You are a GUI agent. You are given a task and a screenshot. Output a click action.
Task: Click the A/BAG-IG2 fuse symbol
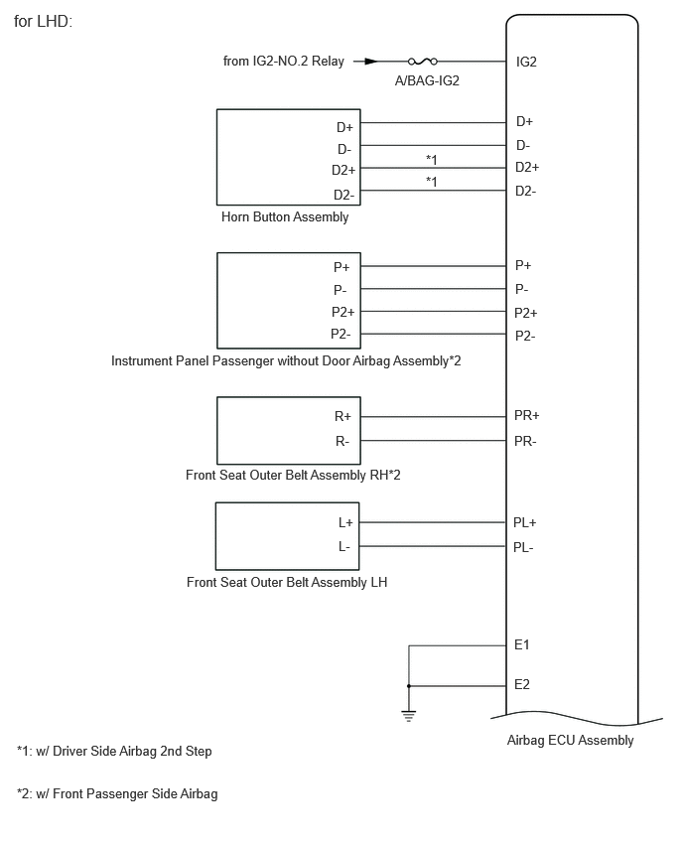tap(423, 62)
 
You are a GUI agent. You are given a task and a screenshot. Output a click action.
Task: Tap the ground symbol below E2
tap(409, 717)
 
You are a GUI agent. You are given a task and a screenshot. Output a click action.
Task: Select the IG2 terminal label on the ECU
tap(526, 62)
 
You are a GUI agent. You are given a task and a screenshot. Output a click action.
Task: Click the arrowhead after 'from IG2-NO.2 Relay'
tap(371, 62)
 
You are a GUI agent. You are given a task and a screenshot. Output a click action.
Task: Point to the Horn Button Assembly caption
tap(285, 216)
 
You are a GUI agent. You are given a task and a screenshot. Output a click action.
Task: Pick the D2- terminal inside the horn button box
tap(343, 195)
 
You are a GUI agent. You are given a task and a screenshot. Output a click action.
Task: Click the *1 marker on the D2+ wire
tap(431, 159)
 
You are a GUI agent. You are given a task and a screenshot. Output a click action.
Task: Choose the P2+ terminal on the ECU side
tap(525, 313)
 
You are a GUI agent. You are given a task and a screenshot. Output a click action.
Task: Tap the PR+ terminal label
tap(526, 415)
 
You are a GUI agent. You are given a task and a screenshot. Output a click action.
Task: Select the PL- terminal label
tap(523, 548)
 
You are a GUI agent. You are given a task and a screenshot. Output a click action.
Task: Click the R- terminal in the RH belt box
tap(342, 442)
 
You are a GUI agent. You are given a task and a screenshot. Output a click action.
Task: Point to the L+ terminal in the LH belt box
tap(345, 523)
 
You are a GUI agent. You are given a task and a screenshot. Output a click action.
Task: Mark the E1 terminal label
tap(522, 644)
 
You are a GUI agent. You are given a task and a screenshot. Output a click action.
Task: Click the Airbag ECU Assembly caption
tap(570, 741)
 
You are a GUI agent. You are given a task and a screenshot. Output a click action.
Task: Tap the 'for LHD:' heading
tap(43, 22)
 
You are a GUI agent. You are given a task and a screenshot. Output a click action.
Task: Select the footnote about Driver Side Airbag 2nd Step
tap(114, 751)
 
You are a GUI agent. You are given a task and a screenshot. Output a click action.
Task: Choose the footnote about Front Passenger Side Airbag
tap(117, 794)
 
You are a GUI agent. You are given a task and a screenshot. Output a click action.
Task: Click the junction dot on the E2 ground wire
tap(409, 686)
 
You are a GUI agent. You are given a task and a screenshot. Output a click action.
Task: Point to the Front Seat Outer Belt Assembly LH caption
tap(287, 583)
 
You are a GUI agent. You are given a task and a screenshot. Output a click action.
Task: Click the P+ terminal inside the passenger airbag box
tap(341, 267)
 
